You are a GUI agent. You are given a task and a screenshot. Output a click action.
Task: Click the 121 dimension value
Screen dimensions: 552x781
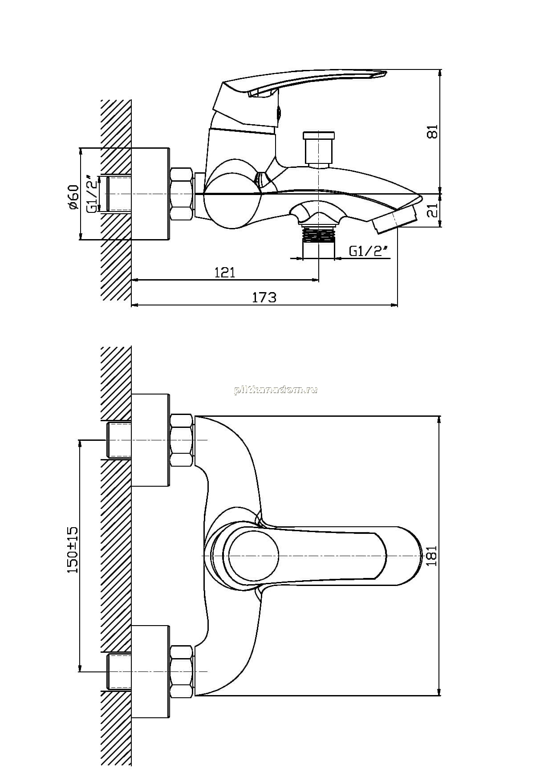(225, 272)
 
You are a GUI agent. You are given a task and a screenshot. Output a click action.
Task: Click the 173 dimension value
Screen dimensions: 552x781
(264, 297)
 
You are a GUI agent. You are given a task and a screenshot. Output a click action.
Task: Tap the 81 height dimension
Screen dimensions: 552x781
(432, 132)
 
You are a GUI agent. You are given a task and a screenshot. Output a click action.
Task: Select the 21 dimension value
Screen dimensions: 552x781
(432, 210)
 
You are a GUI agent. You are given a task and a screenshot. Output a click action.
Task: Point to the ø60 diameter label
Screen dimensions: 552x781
(73, 197)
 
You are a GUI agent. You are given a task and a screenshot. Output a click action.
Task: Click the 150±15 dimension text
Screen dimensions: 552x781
(73, 550)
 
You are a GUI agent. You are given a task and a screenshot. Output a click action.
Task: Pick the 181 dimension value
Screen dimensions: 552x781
(432, 556)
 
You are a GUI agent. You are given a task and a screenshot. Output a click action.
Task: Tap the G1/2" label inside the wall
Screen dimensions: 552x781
(92, 194)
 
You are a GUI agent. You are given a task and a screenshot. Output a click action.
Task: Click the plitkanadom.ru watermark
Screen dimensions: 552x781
(276, 390)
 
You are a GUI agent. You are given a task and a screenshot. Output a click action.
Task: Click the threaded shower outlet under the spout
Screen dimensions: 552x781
(318, 234)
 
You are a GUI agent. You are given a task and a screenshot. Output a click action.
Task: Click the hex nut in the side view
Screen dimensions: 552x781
(182, 194)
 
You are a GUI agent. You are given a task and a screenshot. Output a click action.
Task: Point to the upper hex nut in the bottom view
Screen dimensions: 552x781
(182, 440)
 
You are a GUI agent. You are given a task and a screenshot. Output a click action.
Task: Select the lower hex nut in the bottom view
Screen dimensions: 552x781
(182, 671)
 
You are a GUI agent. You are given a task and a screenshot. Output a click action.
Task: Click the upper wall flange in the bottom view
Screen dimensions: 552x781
(151, 440)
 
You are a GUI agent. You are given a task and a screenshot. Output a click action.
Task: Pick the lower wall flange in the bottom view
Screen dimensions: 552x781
(151, 671)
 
